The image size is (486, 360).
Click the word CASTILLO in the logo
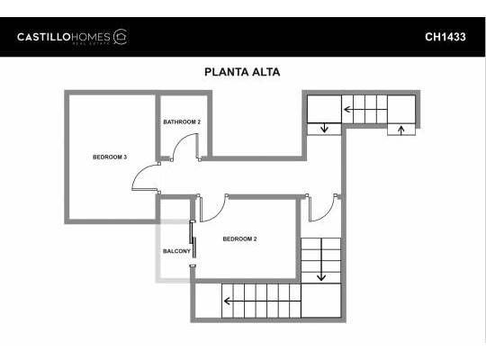(44, 37)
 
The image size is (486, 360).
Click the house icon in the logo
(121, 36)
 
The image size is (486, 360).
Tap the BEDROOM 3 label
(110, 157)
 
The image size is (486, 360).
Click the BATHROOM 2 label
(182, 121)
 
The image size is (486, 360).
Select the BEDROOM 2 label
(240, 238)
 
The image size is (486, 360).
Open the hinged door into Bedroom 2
(211, 208)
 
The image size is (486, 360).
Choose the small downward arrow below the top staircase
(324, 129)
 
